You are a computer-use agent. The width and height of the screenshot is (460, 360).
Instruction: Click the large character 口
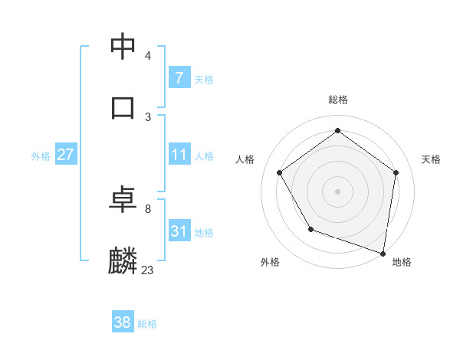[123, 106]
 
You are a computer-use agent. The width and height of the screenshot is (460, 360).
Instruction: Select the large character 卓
[123, 200]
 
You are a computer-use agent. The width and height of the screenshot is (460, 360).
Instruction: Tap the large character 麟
[123, 260]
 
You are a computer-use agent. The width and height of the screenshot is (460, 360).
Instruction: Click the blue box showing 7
[179, 77]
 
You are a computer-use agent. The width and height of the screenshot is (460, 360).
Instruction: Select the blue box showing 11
[179, 155]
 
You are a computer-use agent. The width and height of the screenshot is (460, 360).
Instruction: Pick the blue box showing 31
[179, 231]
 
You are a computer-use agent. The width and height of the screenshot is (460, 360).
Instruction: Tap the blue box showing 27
[65, 155]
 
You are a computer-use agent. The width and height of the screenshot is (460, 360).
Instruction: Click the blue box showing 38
[123, 322]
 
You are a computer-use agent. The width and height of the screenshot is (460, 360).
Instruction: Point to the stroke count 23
[147, 270]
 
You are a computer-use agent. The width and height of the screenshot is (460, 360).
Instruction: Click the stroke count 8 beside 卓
[147, 208]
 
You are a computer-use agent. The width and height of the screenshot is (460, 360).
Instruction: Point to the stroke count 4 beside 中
[147, 56]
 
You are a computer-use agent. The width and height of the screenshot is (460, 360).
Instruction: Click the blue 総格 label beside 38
[147, 324]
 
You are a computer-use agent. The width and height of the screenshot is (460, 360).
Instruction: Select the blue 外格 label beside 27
[41, 155]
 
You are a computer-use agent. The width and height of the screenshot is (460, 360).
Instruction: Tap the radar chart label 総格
[337, 100]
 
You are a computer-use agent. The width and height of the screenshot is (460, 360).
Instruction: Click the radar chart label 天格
[431, 159]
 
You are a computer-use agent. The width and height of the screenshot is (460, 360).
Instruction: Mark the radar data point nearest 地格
[383, 253]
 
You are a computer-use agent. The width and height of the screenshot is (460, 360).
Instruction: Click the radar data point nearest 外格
[310, 229]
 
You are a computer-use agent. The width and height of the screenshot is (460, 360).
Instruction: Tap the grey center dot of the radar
[337, 191]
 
